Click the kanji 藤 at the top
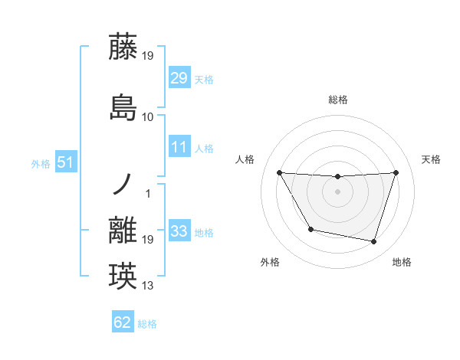123,47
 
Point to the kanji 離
123,231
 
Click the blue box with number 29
179,79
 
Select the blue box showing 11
179,148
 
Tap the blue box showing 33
179,231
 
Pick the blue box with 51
65,162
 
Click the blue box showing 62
123,322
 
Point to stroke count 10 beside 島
148,116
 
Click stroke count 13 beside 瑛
148,286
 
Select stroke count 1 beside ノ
148,193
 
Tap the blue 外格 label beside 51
40,163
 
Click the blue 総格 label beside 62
147,323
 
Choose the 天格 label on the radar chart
432,159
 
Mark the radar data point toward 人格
279,172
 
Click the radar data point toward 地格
373,242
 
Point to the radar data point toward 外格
310,229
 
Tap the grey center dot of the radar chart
337,191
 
